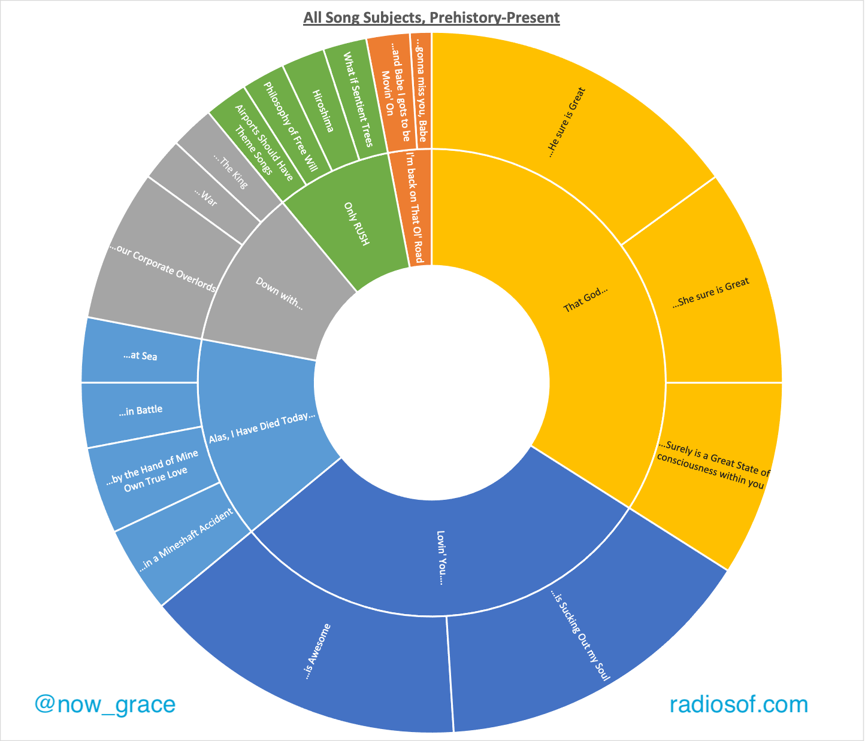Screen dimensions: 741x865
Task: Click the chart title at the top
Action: point(431,17)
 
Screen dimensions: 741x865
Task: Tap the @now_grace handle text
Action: point(105,704)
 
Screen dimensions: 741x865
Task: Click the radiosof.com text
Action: point(739,704)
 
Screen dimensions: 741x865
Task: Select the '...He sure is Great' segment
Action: point(566,123)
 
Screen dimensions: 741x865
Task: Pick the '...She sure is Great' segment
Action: point(711,293)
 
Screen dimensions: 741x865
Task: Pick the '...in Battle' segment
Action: point(141,411)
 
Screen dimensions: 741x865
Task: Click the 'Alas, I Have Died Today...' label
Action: point(262,429)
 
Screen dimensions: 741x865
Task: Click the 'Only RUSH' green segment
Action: point(357,224)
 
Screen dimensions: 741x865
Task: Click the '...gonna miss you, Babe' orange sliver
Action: point(422,90)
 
